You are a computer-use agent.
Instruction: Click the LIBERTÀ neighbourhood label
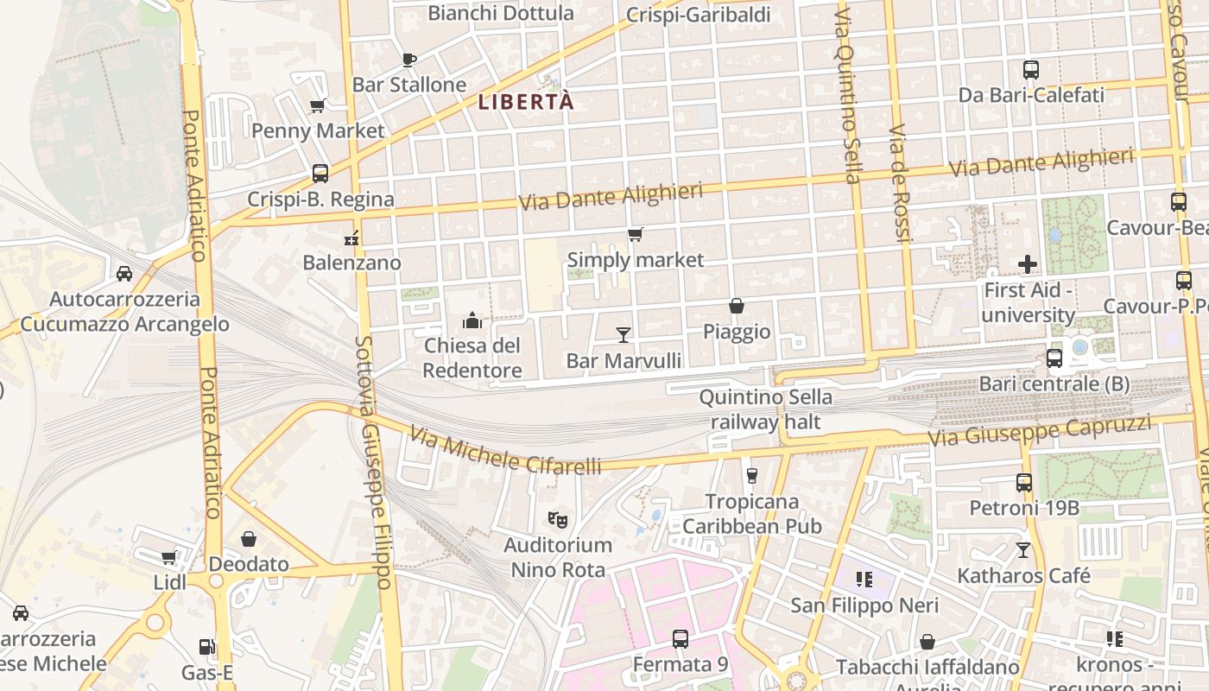526,102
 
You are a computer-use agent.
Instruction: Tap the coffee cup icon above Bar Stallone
409,60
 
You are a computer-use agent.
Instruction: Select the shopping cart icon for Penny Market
317,106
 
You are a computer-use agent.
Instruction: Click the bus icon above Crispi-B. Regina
320,173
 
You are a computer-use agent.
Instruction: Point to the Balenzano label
351,263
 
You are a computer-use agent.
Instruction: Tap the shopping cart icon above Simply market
636,234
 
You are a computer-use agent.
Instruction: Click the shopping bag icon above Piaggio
736,306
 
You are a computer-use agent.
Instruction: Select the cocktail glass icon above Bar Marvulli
623,334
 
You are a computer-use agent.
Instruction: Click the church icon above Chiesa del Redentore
472,321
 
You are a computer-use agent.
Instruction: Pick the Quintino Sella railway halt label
765,409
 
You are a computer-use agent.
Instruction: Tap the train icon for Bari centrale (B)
1054,358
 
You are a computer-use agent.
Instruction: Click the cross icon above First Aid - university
1028,264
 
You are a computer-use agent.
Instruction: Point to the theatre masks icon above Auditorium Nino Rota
558,520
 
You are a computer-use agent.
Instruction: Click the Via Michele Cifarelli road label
505,452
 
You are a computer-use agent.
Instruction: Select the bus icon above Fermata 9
680,639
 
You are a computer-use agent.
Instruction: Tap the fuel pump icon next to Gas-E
206,647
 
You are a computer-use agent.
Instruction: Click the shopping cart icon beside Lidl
168,558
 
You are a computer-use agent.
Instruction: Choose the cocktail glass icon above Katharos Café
1023,549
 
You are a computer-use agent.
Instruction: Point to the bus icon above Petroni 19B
1024,483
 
